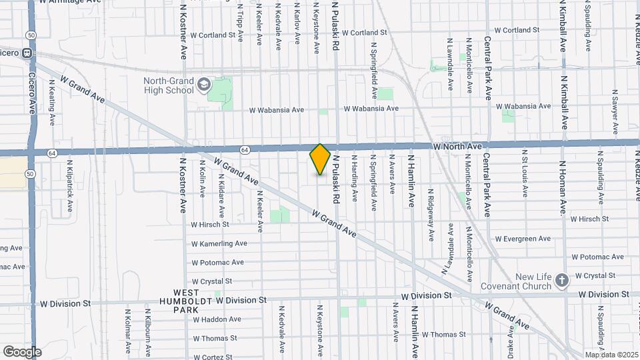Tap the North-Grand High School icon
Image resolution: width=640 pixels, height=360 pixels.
203,85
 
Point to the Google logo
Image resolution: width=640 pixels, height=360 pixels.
22,352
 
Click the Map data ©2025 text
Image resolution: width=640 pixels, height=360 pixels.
611,355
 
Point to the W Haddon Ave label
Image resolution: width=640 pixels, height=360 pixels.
217,319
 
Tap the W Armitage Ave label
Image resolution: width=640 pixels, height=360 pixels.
67,2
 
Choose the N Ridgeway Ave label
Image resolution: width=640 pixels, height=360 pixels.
431,207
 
